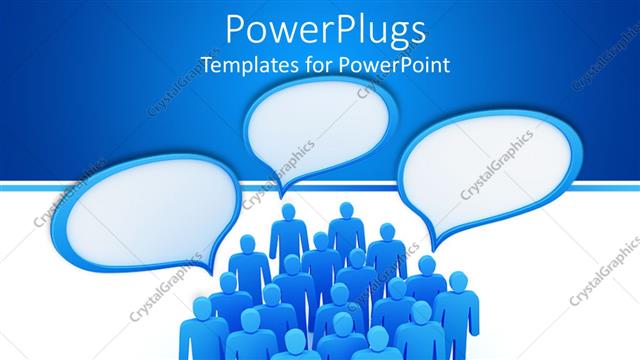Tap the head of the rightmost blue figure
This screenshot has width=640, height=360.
point(458,281)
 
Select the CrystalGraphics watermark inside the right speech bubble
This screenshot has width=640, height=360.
point(495,165)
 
